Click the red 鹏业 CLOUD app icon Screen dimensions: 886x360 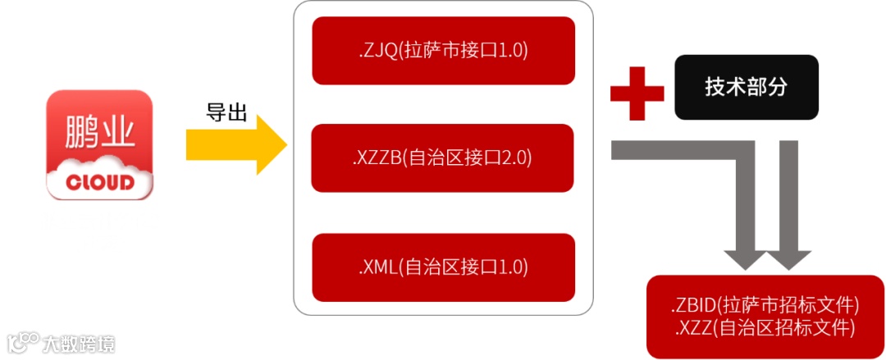99,145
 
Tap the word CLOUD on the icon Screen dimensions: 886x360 99,181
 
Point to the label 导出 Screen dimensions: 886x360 226,112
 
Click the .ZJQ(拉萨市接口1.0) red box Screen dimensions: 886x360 443,50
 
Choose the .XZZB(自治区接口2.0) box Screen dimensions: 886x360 443,157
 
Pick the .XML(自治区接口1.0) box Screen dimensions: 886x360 443,267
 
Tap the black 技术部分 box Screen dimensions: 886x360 747,87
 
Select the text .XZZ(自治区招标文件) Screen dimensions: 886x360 765,328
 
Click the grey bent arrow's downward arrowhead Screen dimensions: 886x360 745,256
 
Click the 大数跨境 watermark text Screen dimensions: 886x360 80,343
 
